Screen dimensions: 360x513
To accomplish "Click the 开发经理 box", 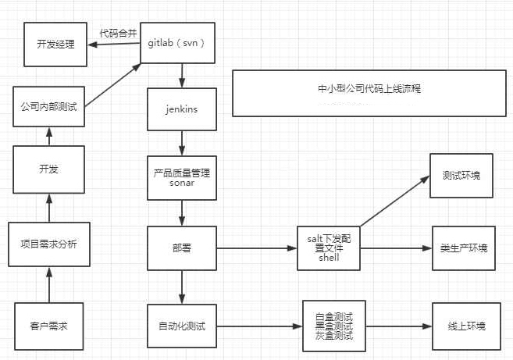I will click(x=55, y=45).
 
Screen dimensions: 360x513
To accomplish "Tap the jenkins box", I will click(x=182, y=109).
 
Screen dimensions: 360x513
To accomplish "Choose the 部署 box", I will click(x=182, y=248).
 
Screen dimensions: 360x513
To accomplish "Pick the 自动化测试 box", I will click(x=182, y=326).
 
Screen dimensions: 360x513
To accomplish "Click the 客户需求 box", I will click(x=48, y=326).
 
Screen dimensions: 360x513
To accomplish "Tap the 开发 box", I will click(x=48, y=169).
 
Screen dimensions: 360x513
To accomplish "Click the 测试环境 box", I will click(x=461, y=175).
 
